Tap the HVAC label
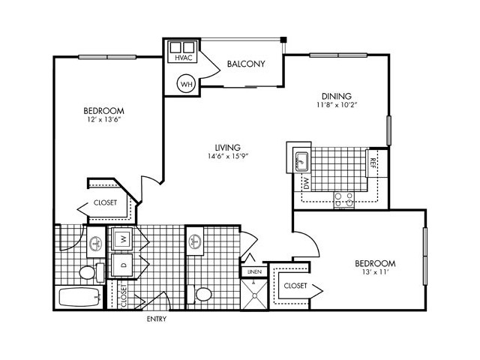(x=181, y=58)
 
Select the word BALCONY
(x=245, y=64)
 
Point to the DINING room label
(x=336, y=95)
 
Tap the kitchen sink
(x=301, y=160)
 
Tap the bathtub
(x=79, y=297)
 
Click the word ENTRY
(x=157, y=319)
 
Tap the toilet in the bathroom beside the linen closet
(x=202, y=293)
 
